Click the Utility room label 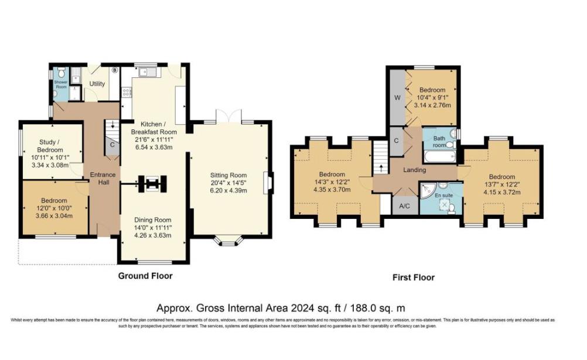click(x=97, y=84)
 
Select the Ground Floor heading click(x=145, y=276)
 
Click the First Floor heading click(x=413, y=277)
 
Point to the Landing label click(x=414, y=170)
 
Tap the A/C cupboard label click(x=404, y=206)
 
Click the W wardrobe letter click(x=397, y=98)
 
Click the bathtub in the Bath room click(x=439, y=157)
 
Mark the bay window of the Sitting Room click(x=228, y=240)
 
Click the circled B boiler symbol click(x=115, y=71)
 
